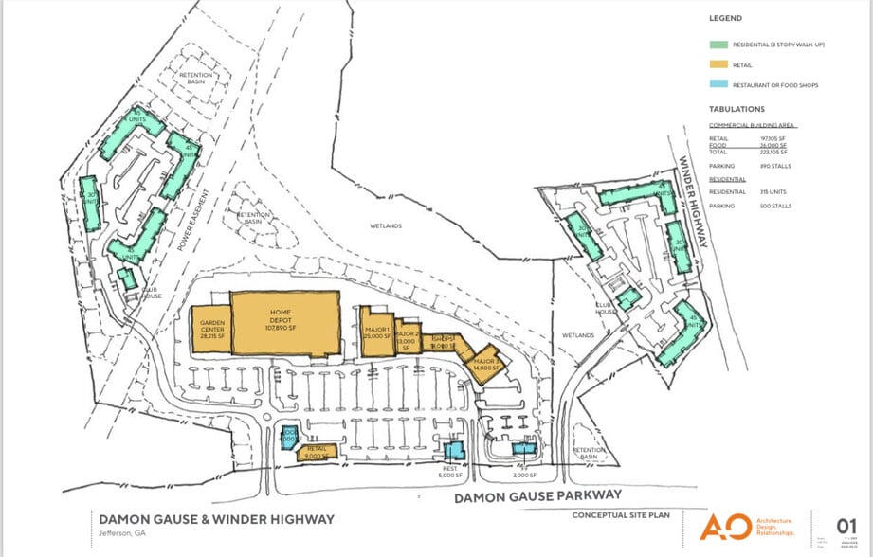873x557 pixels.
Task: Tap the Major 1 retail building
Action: coord(376,332)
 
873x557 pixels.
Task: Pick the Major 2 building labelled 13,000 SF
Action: coord(408,336)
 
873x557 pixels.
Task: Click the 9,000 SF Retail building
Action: coord(317,452)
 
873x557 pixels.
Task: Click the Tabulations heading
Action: coord(737,109)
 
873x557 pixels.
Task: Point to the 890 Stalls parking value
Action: coord(773,166)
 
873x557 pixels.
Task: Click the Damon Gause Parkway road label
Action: coord(537,495)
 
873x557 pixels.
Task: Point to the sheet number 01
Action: coord(846,528)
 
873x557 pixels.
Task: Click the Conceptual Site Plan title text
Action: coord(621,515)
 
